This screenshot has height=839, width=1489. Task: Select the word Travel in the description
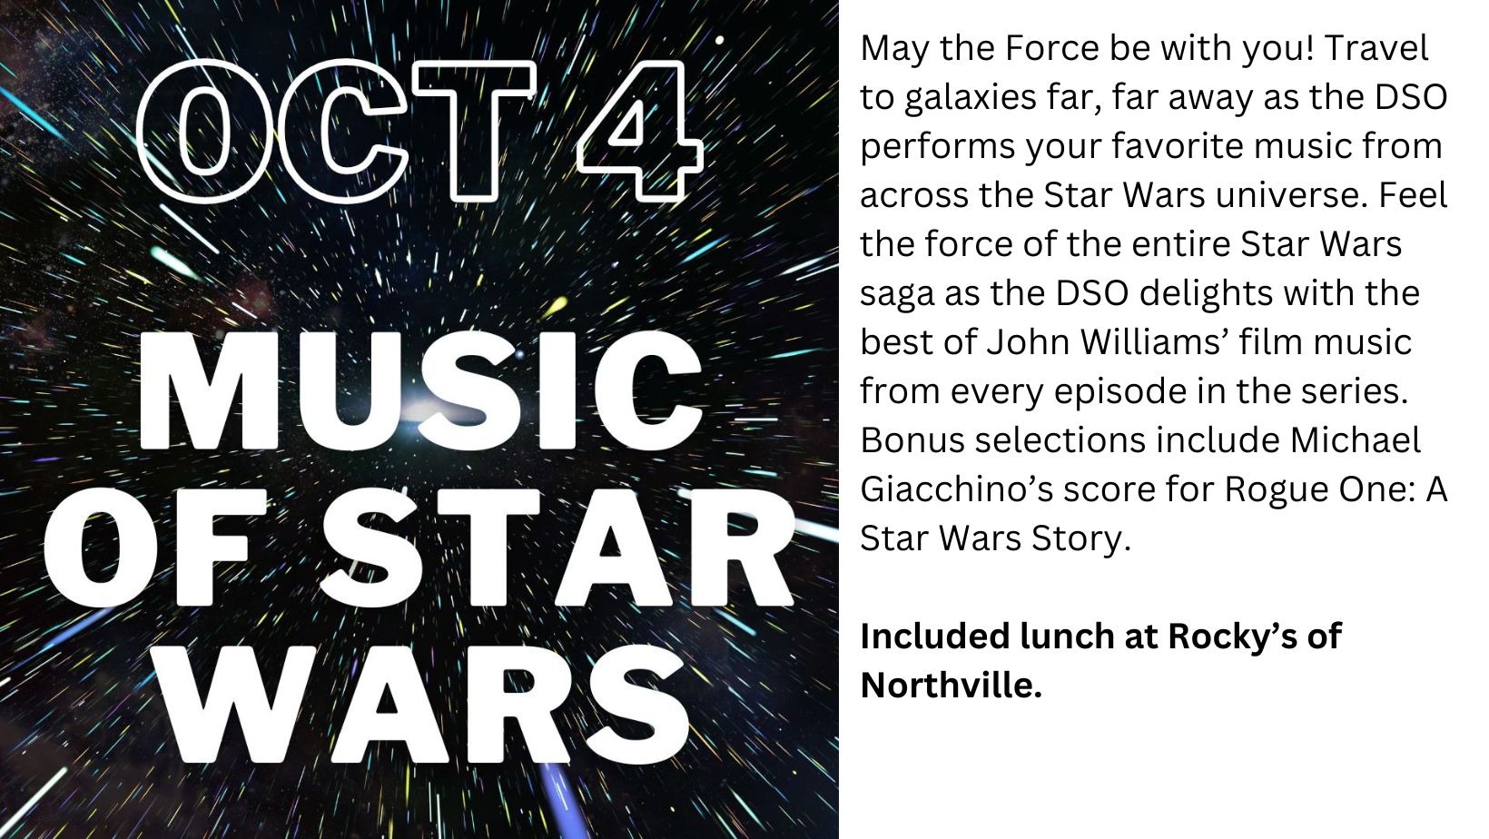(1376, 48)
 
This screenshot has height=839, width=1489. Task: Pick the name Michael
(1356, 440)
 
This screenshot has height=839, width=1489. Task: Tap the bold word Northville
(951, 686)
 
